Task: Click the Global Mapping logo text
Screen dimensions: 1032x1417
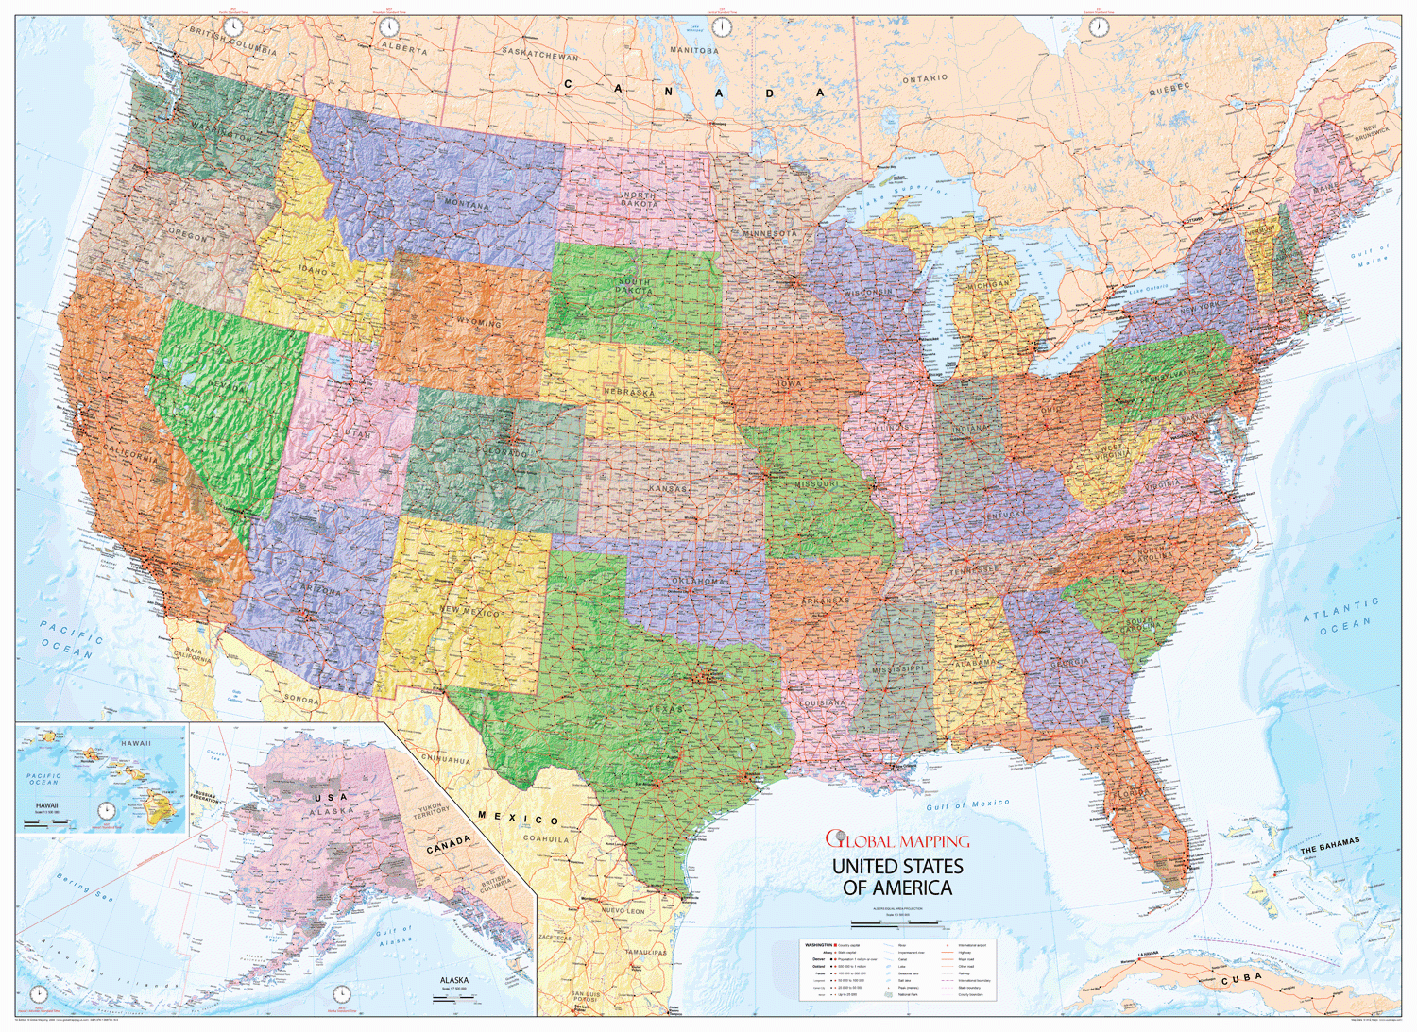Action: pyautogui.click(x=896, y=840)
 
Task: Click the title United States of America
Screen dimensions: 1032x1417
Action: pyautogui.click(x=896, y=877)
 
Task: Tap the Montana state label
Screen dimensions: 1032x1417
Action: pyautogui.click(x=467, y=204)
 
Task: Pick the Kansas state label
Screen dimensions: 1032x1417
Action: pyautogui.click(x=668, y=488)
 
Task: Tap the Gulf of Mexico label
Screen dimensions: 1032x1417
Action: pyautogui.click(x=967, y=804)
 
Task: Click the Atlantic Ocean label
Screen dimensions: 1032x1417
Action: pyautogui.click(x=1341, y=615)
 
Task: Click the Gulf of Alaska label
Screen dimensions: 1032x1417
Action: pyautogui.click(x=395, y=937)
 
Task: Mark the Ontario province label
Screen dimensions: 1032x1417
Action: pyautogui.click(x=924, y=79)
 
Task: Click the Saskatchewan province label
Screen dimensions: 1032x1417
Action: pyautogui.click(x=539, y=54)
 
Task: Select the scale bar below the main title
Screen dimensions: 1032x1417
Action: pyautogui.click(x=896, y=922)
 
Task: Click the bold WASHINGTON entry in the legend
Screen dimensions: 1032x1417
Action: pyautogui.click(x=818, y=944)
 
